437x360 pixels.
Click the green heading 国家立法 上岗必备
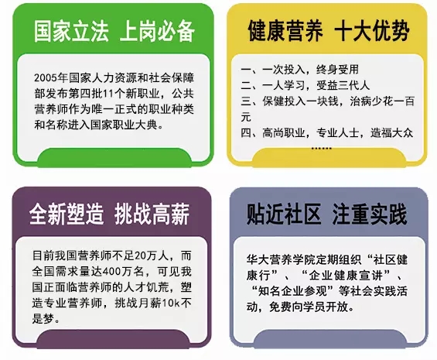(114, 31)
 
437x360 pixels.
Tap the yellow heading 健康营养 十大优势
(329, 30)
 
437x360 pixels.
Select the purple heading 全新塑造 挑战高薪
(109, 214)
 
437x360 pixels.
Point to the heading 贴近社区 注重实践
(326, 214)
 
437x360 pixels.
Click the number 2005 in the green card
(46, 78)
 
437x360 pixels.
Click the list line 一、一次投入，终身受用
(299, 70)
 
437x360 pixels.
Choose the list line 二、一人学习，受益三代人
(306, 85)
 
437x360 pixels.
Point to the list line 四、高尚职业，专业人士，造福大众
(326, 133)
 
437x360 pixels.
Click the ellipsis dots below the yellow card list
(321, 148)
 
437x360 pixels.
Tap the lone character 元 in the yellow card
(246, 117)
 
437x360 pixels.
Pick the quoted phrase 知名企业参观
(292, 291)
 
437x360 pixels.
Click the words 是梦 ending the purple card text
(43, 318)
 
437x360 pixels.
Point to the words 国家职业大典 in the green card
(124, 125)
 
